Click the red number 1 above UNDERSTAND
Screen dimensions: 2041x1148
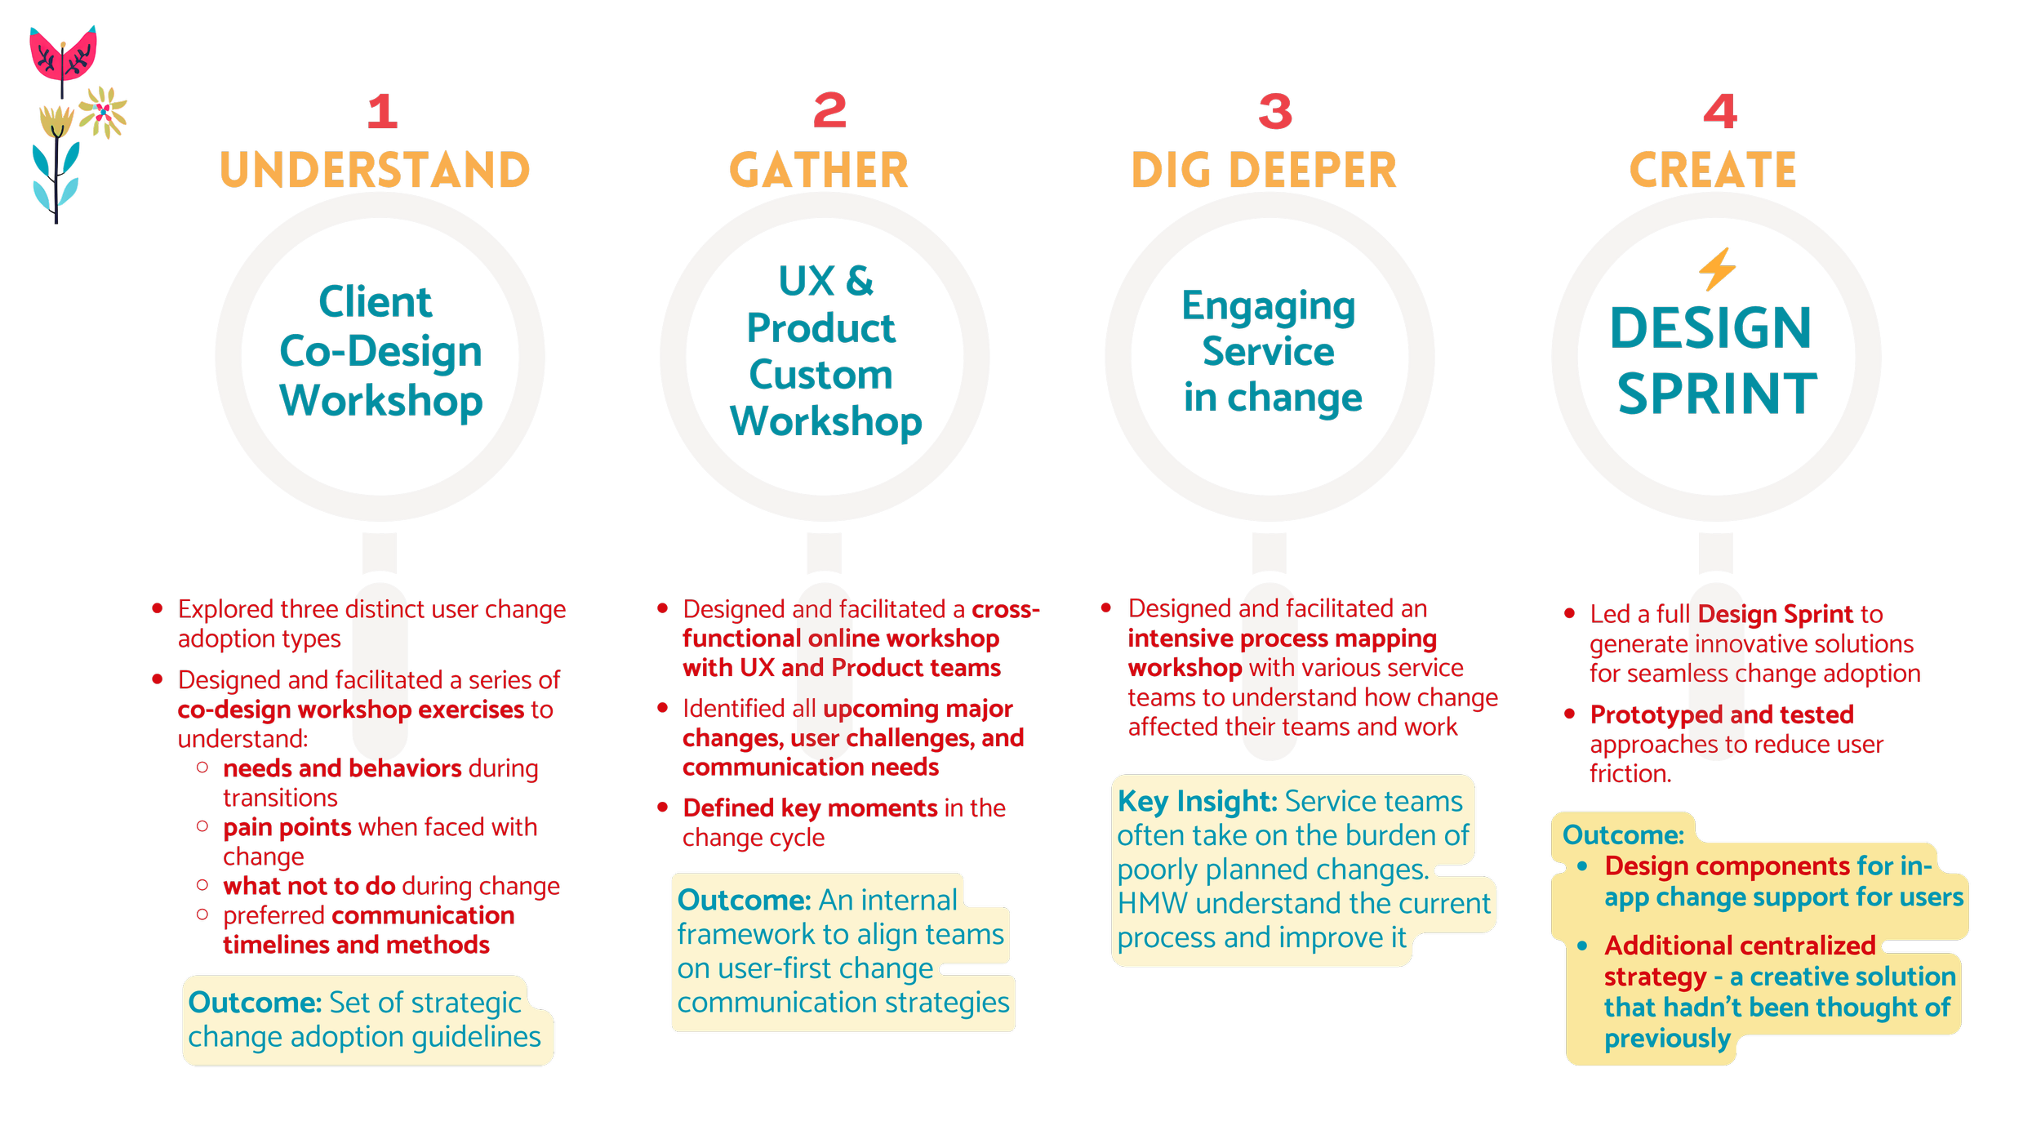[382, 112]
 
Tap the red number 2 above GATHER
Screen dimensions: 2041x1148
[829, 111]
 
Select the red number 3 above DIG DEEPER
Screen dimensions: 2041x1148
[1275, 112]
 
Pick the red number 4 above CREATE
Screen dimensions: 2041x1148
[1720, 112]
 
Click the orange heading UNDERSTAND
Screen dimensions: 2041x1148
[375, 171]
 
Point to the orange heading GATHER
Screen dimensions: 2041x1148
[819, 171]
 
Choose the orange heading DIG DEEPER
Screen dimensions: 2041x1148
[1264, 171]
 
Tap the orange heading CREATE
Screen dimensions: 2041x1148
[1714, 171]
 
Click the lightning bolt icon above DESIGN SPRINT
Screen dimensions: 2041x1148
[1717, 269]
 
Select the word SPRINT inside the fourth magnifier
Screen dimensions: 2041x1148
[1717, 394]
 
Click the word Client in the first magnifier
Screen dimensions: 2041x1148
[375, 303]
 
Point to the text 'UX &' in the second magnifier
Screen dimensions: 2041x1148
[825, 282]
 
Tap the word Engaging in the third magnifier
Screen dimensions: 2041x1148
[1269, 308]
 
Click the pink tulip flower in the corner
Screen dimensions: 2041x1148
[63, 54]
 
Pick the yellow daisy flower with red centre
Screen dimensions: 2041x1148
[103, 113]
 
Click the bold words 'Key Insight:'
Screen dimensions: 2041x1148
[1197, 802]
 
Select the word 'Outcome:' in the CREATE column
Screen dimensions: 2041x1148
[1623, 835]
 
